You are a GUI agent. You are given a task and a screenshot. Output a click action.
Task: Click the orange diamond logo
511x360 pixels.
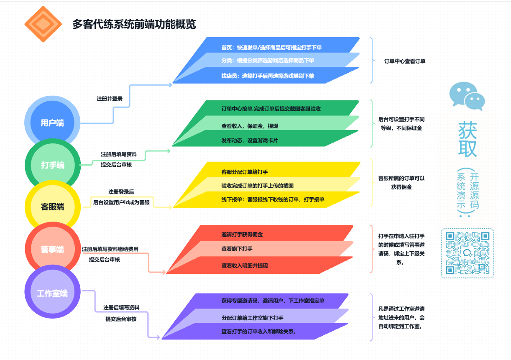pos(43,24)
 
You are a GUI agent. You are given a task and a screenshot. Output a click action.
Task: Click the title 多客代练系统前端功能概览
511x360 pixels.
pos(134,24)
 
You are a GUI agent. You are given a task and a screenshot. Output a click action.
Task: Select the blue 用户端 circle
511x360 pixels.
pos(52,123)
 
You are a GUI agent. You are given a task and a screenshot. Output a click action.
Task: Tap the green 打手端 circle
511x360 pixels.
pos(52,165)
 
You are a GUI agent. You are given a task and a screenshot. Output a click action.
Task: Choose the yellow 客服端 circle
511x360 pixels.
pos(52,207)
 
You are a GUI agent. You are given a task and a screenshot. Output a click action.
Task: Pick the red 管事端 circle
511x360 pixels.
pos(52,249)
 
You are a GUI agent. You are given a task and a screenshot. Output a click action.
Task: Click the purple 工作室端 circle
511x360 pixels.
pos(52,292)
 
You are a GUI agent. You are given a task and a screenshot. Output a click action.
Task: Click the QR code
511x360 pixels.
pos(468,253)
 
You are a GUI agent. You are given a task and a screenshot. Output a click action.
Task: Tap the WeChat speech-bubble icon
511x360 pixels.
pos(467,96)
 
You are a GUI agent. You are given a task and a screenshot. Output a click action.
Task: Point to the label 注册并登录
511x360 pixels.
pos(110,99)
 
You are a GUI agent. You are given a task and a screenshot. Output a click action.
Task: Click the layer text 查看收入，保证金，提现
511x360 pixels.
pos(250,126)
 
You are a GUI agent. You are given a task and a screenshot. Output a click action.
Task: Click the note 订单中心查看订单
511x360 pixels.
pos(405,61)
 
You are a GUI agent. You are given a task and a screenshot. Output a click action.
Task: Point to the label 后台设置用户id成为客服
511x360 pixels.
pos(121,202)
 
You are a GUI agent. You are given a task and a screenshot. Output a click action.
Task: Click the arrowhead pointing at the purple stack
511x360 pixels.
pos(158,337)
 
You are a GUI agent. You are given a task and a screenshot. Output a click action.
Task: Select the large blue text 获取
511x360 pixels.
pos(468,139)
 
